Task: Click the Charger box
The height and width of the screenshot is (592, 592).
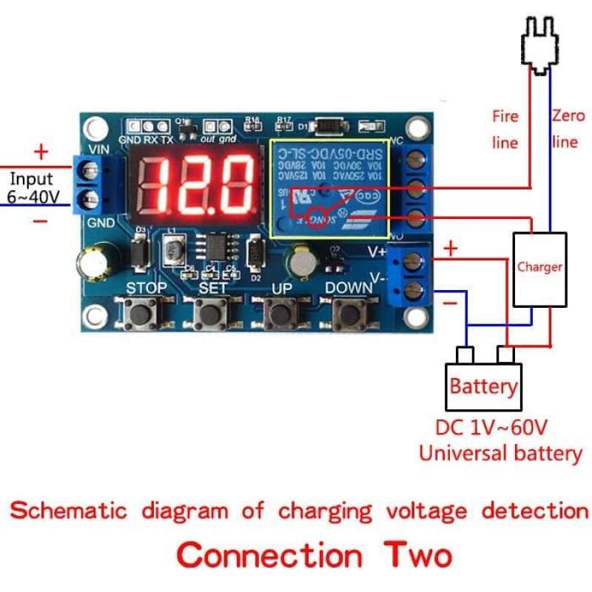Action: (x=539, y=269)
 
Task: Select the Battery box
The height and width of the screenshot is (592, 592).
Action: (x=483, y=386)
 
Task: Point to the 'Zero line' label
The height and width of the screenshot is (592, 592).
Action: (x=566, y=127)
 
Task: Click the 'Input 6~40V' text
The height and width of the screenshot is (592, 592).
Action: (x=31, y=188)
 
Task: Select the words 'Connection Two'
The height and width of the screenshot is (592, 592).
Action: (x=314, y=554)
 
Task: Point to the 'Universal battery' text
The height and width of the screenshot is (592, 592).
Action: (x=500, y=453)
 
